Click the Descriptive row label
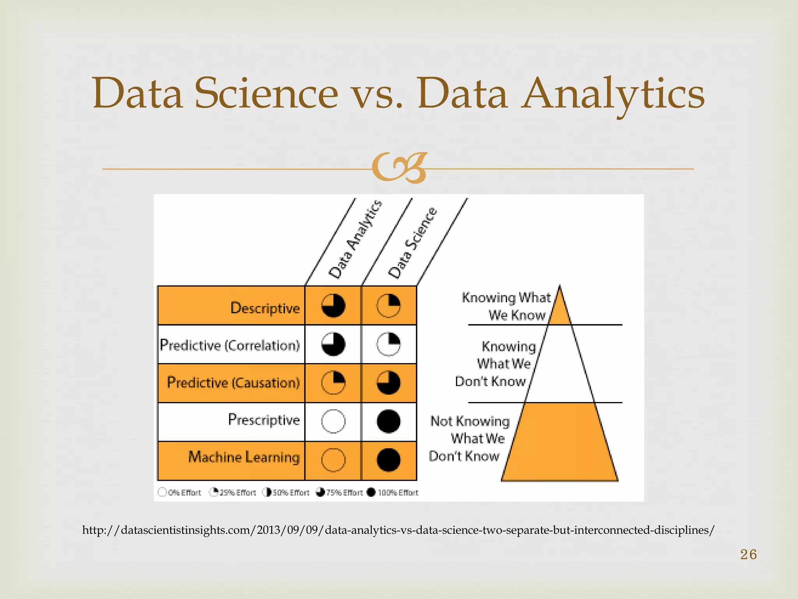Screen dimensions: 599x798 point(265,308)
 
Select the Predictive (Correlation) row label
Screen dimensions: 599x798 point(230,345)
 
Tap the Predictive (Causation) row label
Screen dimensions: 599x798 point(233,383)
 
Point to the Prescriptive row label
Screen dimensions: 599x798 point(264,420)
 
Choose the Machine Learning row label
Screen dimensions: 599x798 point(244,457)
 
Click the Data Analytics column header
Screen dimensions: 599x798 point(355,240)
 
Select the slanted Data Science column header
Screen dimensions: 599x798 point(413,244)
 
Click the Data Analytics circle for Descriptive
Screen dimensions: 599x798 point(333,305)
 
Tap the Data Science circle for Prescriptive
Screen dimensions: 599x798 point(388,421)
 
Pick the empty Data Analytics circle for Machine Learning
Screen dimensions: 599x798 point(333,460)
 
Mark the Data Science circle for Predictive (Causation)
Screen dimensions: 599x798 point(388,383)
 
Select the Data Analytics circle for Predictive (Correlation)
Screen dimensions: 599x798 point(333,344)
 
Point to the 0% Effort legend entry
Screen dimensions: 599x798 point(179,493)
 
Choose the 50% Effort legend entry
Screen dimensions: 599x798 point(286,493)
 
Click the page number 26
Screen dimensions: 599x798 point(748,554)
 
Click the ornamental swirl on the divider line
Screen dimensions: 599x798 point(399,168)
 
